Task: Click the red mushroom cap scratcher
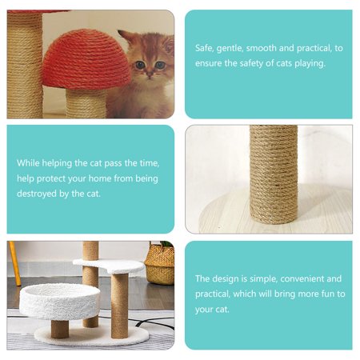point(86,60)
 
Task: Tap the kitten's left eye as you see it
point(140,65)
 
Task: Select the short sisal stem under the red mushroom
point(86,103)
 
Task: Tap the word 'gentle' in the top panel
point(230,49)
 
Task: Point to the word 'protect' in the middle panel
point(51,178)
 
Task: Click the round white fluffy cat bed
point(60,301)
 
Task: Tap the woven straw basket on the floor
point(160,263)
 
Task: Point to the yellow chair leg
point(15,263)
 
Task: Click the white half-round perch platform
point(109,265)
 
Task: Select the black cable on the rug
point(154,323)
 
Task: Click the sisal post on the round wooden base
point(274,174)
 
